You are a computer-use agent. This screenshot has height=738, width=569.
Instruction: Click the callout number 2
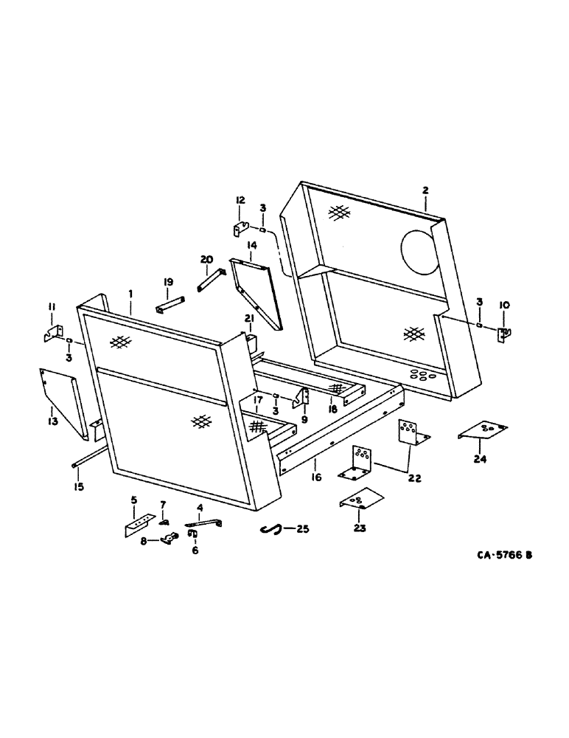[x=425, y=190]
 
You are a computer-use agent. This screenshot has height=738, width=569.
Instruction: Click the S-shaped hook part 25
[x=272, y=528]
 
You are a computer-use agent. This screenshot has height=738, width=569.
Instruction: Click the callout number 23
[x=359, y=528]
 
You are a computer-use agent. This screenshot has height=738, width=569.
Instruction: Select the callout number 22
[x=414, y=478]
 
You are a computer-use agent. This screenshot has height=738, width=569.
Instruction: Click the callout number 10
[x=503, y=305]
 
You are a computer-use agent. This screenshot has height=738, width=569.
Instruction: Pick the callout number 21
[x=248, y=317]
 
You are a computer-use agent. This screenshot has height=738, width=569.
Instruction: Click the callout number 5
[x=133, y=500]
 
